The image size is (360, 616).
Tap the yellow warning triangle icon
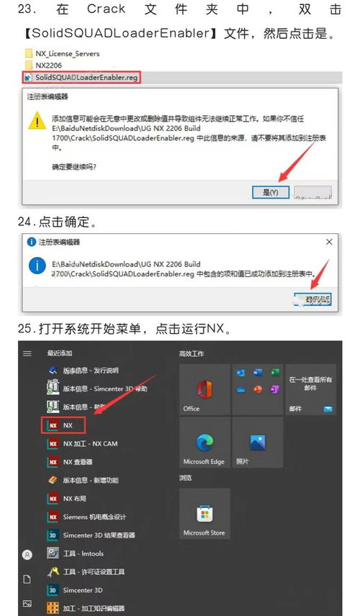pyautogui.click(x=37, y=120)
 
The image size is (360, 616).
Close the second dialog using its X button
pyautogui.click(x=329, y=242)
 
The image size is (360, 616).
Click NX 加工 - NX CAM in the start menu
pyautogui.click(x=89, y=443)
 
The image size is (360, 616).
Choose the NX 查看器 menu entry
pyautogui.click(x=78, y=462)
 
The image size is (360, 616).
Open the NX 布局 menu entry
pyautogui.click(x=74, y=498)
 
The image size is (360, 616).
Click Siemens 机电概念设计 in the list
pyautogui.click(x=94, y=517)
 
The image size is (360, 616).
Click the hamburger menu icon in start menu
pyautogui.click(x=27, y=353)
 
